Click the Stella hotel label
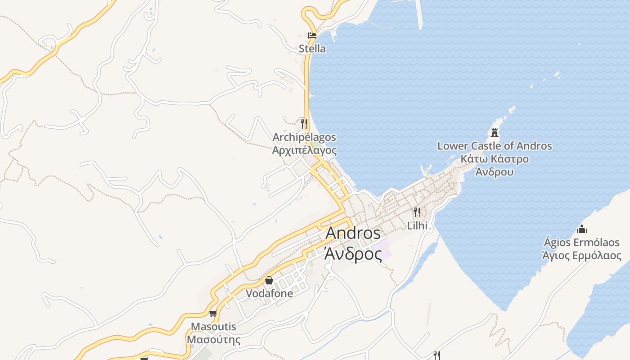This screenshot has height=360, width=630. pyautogui.click(x=312, y=49)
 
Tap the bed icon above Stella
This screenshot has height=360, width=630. pyautogui.click(x=312, y=35)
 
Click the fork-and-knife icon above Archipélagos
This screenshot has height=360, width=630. pyautogui.click(x=304, y=123)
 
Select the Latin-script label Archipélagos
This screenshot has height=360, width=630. pyautogui.click(x=304, y=137)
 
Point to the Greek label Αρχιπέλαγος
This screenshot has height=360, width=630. pyautogui.click(x=304, y=150)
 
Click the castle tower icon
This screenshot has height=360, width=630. pyautogui.click(x=495, y=133)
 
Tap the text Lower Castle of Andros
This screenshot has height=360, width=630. pyautogui.click(x=495, y=146)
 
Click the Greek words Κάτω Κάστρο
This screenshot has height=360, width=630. pyautogui.click(x=495, y=159)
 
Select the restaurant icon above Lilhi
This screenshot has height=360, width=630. pyautogui.click(x=417, y=212)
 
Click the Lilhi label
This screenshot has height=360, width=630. pyautogui.click(x=417, y=225)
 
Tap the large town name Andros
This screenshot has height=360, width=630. pyautogui.click(x=353, y=233)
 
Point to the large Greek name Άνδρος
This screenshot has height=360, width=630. pyautogui.click(x=353, y=253)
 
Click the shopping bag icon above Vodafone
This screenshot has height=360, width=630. pyautogui.click(x=269, y=280)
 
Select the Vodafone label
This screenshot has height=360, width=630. pyautogui.click(x=269, y=293)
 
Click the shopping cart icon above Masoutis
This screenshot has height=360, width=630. pyautogui.click(x=213, y=313)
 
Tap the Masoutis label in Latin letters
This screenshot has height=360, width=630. pyautogui.click(x=213, y=326)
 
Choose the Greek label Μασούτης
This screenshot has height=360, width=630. pyautogui.click(x=213, y=339)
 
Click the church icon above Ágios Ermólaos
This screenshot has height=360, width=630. pyautogui.click(x=581, y=229)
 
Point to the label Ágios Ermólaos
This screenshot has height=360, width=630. pyautogui.click(x=581, y=243)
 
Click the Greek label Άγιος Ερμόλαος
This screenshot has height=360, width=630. pyautogui.click(x=581, y=256)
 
